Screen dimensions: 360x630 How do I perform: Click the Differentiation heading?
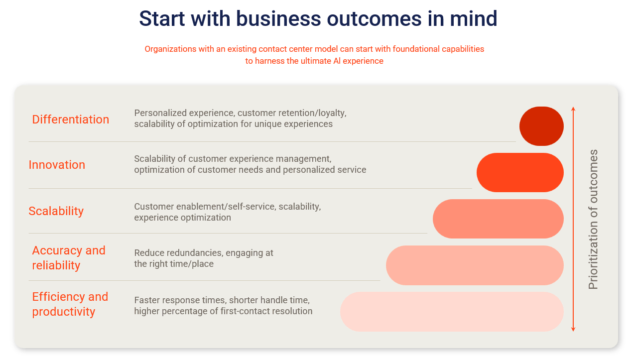[70, 120]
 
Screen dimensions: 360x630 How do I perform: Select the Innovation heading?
[57, 165]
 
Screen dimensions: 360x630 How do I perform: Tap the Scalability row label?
[56, 211]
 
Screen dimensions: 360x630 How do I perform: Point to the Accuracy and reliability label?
[68, 258]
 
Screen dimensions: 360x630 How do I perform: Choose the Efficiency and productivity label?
[70, 304]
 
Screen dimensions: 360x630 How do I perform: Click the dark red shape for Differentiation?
[541, 126]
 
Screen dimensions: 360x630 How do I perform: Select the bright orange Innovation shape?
[520, 172]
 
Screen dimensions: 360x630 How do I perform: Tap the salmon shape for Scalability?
[498, 219]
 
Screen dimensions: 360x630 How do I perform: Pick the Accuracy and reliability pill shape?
[475, 265]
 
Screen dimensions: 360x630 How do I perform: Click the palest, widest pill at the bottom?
[452, 312]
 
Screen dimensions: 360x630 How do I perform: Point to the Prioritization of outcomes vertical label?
[593, 220]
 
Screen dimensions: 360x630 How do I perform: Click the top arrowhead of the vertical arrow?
[573, 109]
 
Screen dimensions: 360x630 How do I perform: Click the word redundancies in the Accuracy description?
[194, 253]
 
